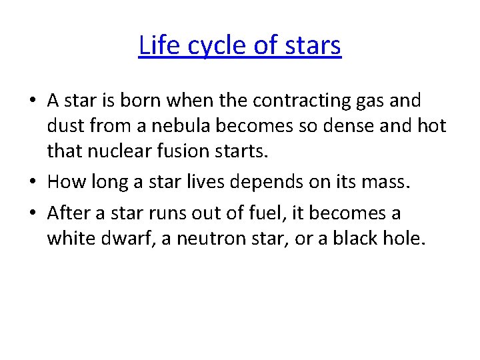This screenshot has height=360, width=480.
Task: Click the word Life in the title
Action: point(157,46)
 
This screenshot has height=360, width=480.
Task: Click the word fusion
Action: point(187,151)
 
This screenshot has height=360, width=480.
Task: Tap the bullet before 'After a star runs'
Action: point(33,214)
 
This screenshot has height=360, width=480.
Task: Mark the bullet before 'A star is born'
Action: point(33,101)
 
